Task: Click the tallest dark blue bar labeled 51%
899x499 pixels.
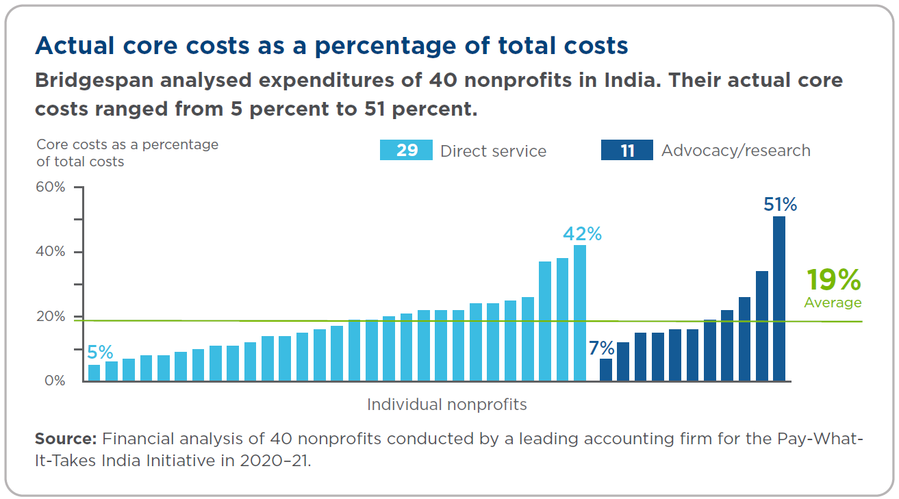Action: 778,298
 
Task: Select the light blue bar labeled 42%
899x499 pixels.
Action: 579,313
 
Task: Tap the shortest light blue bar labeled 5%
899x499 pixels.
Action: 94,372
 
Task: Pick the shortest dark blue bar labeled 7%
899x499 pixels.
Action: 606,370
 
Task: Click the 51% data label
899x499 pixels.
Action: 781,205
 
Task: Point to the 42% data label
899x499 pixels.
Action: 582,234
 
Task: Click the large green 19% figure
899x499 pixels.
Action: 833,280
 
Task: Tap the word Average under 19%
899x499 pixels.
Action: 833,303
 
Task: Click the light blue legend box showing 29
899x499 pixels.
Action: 406,151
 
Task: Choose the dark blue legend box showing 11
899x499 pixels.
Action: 626,151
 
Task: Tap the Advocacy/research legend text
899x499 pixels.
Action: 735,151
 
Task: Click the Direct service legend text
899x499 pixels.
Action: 493,151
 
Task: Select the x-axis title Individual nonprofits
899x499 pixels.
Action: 446,405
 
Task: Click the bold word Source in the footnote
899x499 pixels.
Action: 66,439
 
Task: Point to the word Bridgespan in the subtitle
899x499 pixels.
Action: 95,81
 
